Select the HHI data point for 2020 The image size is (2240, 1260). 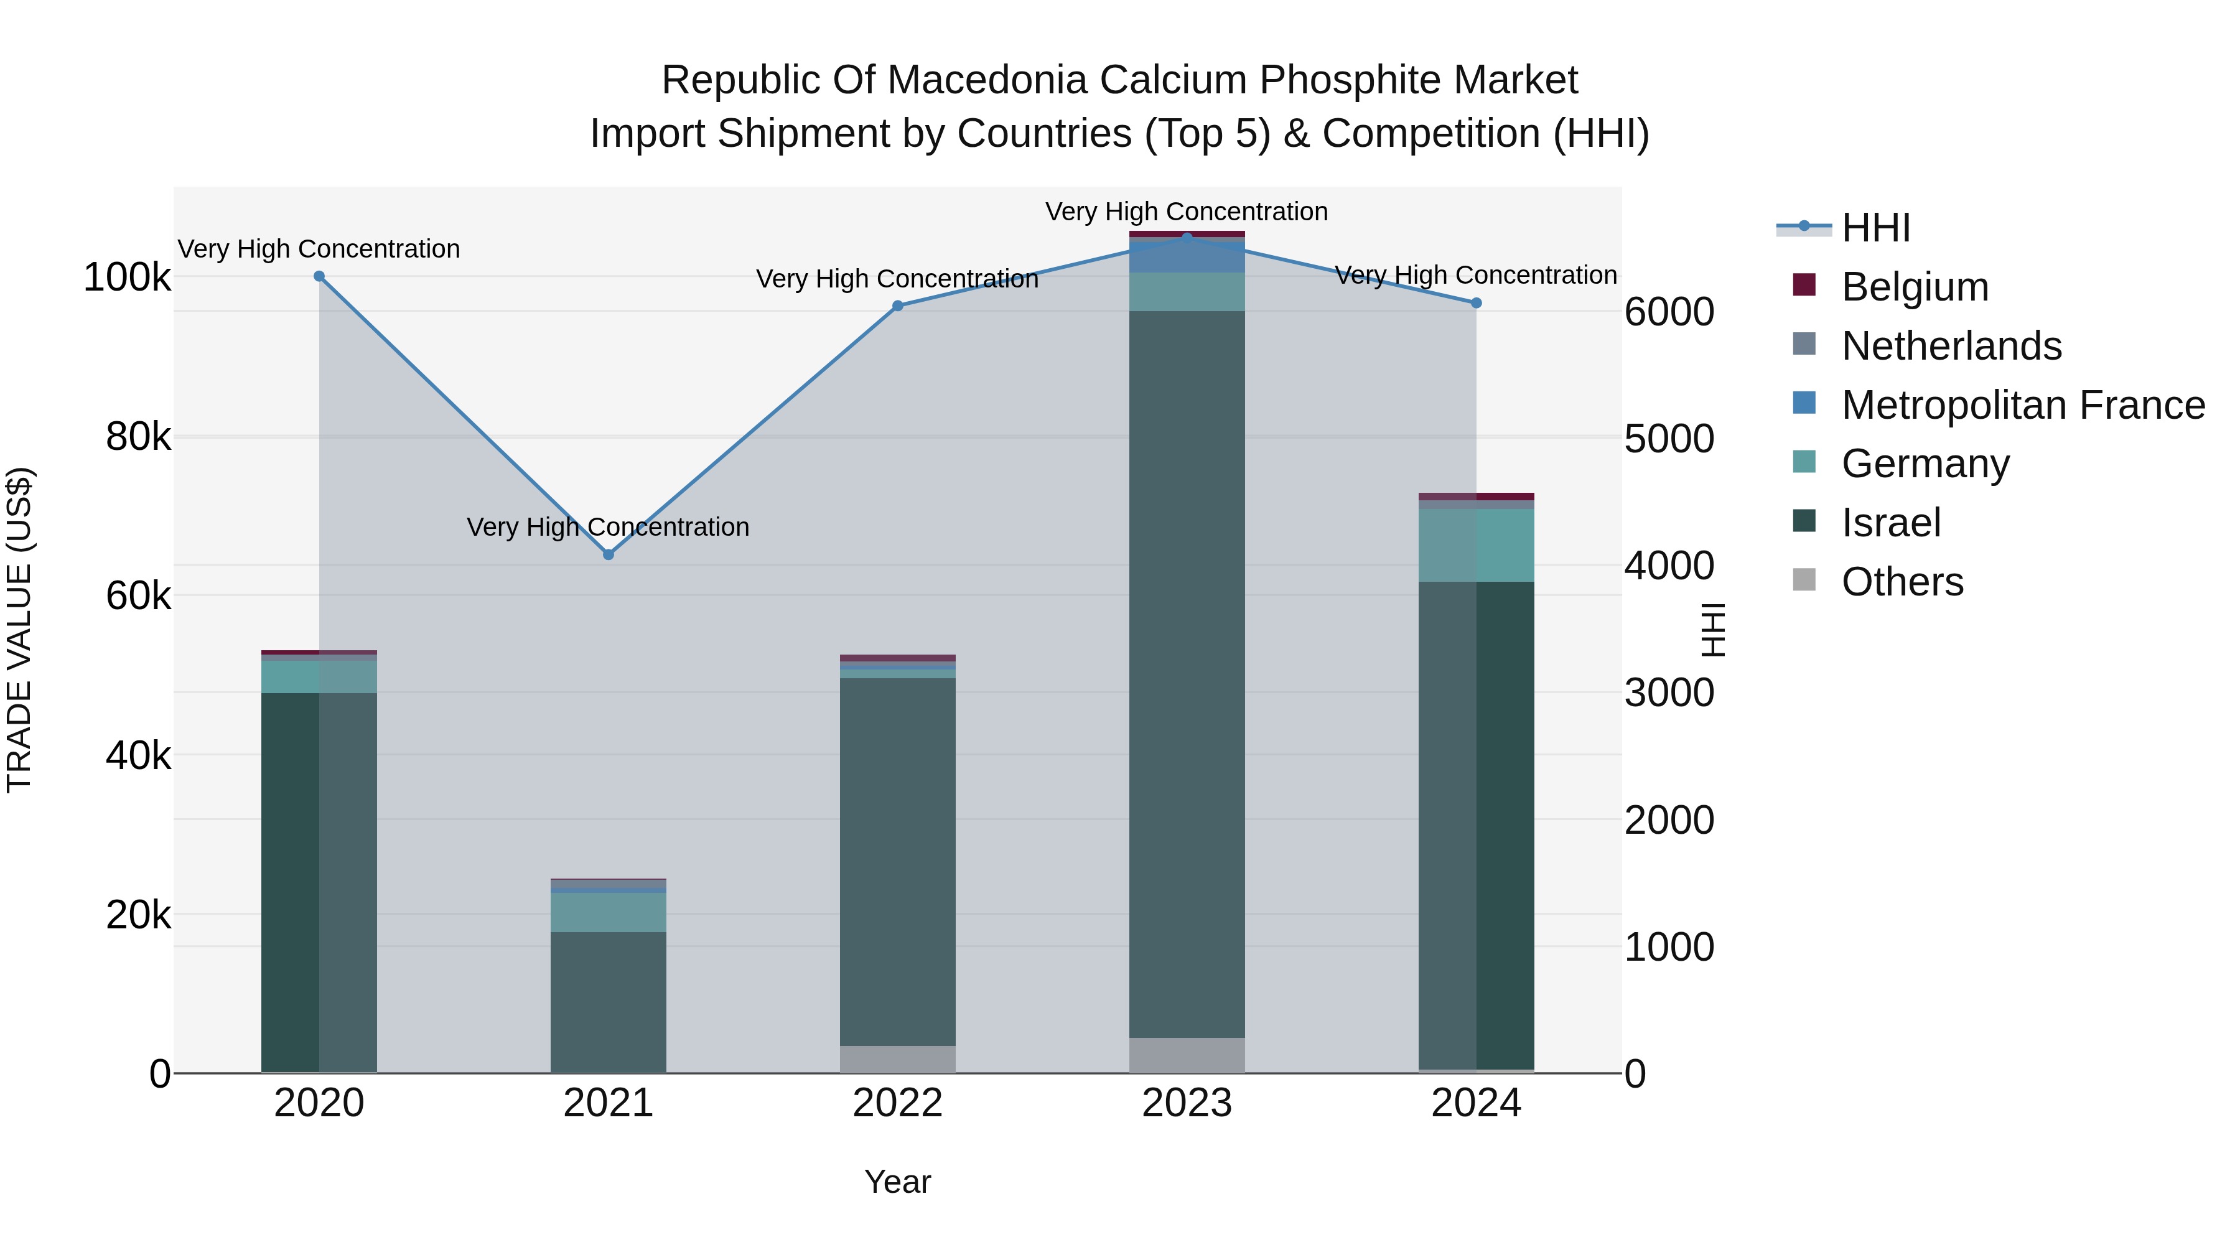[319, 276]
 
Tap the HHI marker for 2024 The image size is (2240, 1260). [1476, 302]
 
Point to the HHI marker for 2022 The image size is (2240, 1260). [897, 306]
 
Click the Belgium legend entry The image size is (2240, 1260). [1914, 287]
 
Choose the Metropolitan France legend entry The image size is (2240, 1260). [2023, 405]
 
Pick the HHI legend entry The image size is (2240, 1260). [1875, 228]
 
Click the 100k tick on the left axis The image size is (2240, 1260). [127, 278]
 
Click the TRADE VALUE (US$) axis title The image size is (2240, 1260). [19, 630]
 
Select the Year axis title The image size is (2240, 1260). [897, 1182]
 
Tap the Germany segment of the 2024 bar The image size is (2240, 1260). [1476, 545]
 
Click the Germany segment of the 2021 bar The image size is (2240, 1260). [608, 912]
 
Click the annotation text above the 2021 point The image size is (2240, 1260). [608, 527]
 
